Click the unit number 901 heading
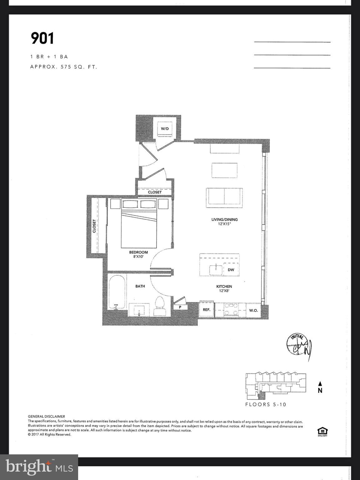42,38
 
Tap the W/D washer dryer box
165,128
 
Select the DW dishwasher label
231,270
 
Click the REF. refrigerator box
206,310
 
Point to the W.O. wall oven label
253,310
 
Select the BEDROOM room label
138,252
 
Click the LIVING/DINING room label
224,219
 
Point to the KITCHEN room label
224,286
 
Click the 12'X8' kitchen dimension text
224,291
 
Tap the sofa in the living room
224,197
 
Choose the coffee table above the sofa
224,170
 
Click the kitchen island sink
216,269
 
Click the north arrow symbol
320,384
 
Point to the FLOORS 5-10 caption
266,404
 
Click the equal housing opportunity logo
322,432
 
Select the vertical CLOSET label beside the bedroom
94,226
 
